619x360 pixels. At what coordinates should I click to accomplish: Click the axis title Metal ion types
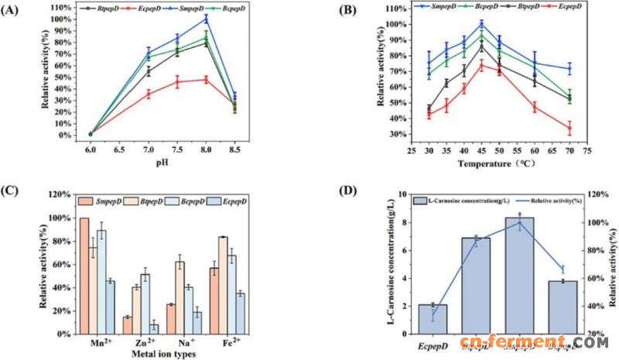152,354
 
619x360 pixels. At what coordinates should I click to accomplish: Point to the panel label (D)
346,190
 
